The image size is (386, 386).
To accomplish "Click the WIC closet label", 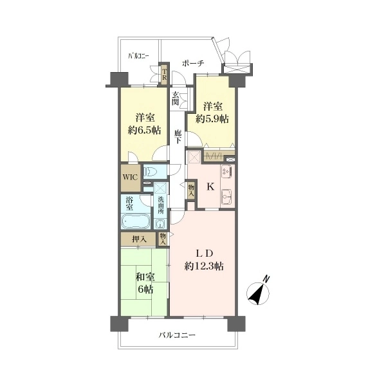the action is pos(130,178).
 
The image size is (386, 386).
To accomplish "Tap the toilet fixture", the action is pos(150,171).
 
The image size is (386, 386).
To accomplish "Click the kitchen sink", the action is pos(226,197).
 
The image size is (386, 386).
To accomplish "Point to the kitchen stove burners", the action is pos(226,172).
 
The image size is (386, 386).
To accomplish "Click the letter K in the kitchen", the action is pos(210,187).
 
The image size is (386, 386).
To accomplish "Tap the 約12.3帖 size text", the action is pos(204,266).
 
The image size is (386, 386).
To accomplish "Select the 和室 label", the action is pos(145,277).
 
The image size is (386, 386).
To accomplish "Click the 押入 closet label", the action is pos(140,239).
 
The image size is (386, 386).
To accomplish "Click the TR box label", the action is pos(164,74).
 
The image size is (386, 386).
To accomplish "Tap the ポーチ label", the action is pos(193,64).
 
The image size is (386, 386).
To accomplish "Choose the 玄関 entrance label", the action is pos(175,98).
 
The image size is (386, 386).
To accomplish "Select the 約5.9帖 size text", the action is pos(212,119).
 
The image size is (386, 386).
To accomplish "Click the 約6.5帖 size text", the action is pos(145,130).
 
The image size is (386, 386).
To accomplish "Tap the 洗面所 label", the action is pos(161,206).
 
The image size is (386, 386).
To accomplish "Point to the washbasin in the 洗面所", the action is pos(160,223).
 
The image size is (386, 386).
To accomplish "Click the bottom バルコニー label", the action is pos(177,335).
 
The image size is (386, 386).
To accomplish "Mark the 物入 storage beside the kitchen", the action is pos(191,190).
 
